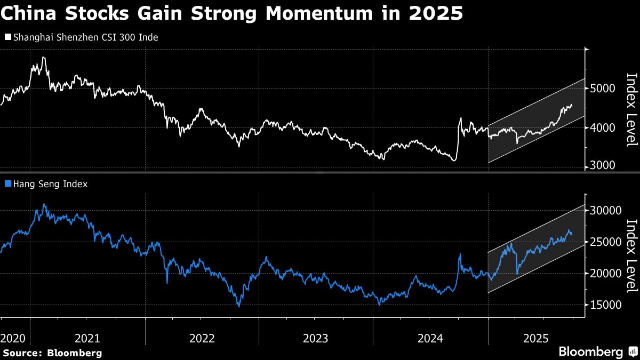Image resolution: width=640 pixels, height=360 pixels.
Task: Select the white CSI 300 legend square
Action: (x=7, y=37)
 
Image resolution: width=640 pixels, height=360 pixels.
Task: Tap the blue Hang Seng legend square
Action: (x=7, y=184)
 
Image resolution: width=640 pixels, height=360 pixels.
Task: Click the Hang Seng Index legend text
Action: (x=50, y=184)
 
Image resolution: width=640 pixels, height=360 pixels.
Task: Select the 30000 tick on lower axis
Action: (x=605, y=211)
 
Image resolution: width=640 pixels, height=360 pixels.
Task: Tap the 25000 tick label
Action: (x=605, y=242)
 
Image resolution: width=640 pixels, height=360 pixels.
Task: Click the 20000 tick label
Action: (x=605, y=274)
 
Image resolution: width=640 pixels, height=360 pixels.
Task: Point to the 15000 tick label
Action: (x=605, y=305)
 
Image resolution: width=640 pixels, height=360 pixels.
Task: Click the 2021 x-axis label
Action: (x=87, y=338)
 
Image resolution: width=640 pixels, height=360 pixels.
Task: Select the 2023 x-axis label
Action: (x=316, y=338)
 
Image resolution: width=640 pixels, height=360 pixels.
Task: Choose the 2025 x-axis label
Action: (x=537, y=338)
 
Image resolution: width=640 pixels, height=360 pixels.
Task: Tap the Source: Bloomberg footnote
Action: (x=52, y=353)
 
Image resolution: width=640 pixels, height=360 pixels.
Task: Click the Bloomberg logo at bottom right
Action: (x=597, y=352)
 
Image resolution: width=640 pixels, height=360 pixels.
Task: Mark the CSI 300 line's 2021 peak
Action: (x=43, y=57)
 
